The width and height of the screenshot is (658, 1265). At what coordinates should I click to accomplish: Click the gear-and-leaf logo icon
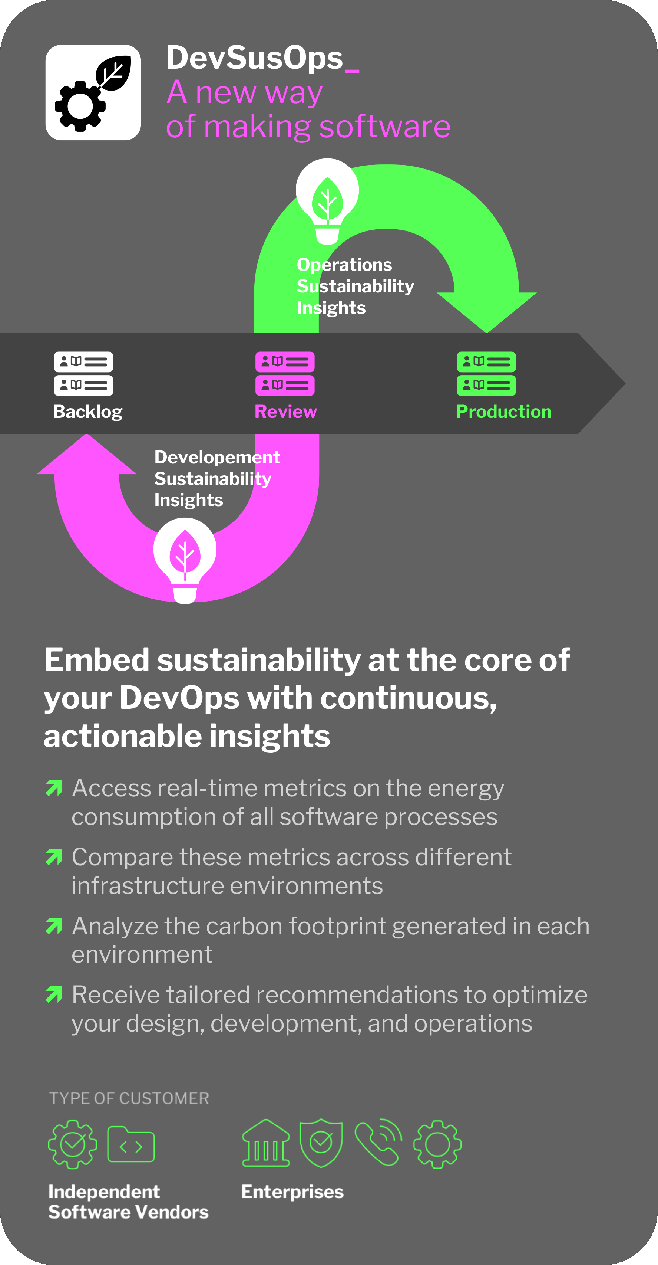(x=93, y=92)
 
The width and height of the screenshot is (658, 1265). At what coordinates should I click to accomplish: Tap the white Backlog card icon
(x=83, y=374)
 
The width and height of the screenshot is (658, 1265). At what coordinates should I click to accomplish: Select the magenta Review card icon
(x=285, y=374)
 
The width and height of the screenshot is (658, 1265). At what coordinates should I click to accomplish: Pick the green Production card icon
(x=486, y=374)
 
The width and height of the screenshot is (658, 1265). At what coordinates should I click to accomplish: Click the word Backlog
(x=88, y=412)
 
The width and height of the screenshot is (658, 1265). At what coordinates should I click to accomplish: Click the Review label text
(x=285, y=412)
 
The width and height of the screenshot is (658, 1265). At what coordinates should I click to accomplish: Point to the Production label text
(x=504, y=412)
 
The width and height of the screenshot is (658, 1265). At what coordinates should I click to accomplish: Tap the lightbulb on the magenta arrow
(x=185, y=560)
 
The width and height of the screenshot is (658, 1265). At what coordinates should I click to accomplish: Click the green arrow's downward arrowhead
(x=487, y=312)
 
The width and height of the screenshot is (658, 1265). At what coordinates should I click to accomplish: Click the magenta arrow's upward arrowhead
(x=87, y=454)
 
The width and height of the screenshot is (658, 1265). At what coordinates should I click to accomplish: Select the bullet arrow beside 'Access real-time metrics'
(x=54, y=788)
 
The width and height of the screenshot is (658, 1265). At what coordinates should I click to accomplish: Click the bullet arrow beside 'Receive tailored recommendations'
(x=54, y=994)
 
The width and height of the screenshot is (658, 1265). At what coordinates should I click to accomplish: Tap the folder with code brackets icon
(x=131, y=1144)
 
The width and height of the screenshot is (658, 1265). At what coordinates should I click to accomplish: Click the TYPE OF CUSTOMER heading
(x=129, y=1098)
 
